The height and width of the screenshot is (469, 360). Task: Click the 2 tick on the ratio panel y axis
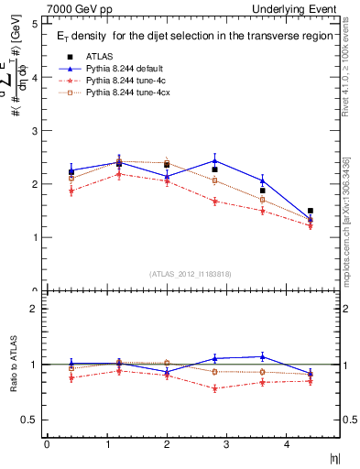(x=35, y=309)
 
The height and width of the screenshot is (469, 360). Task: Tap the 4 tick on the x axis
(x=287, y=445)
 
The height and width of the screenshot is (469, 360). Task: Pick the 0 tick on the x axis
(x=47, y=445)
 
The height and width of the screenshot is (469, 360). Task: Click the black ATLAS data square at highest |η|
(x=311, y=212)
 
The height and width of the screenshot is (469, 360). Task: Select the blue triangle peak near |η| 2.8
(x=214, y=160)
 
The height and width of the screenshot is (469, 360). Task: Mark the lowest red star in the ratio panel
(x=214, y=388)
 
